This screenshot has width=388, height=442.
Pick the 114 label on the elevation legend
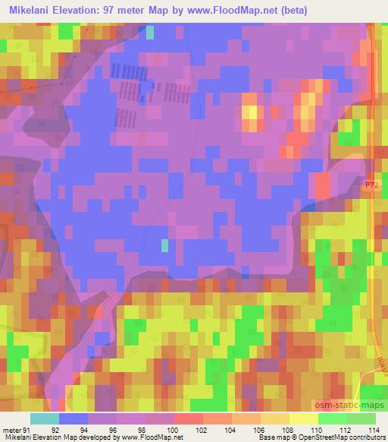[373, 430]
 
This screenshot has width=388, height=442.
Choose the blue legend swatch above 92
[73, 418]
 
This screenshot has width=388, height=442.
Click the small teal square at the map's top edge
[149, 32]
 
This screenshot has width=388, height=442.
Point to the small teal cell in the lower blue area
[164, 245]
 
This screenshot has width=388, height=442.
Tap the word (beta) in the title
[363, 10]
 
